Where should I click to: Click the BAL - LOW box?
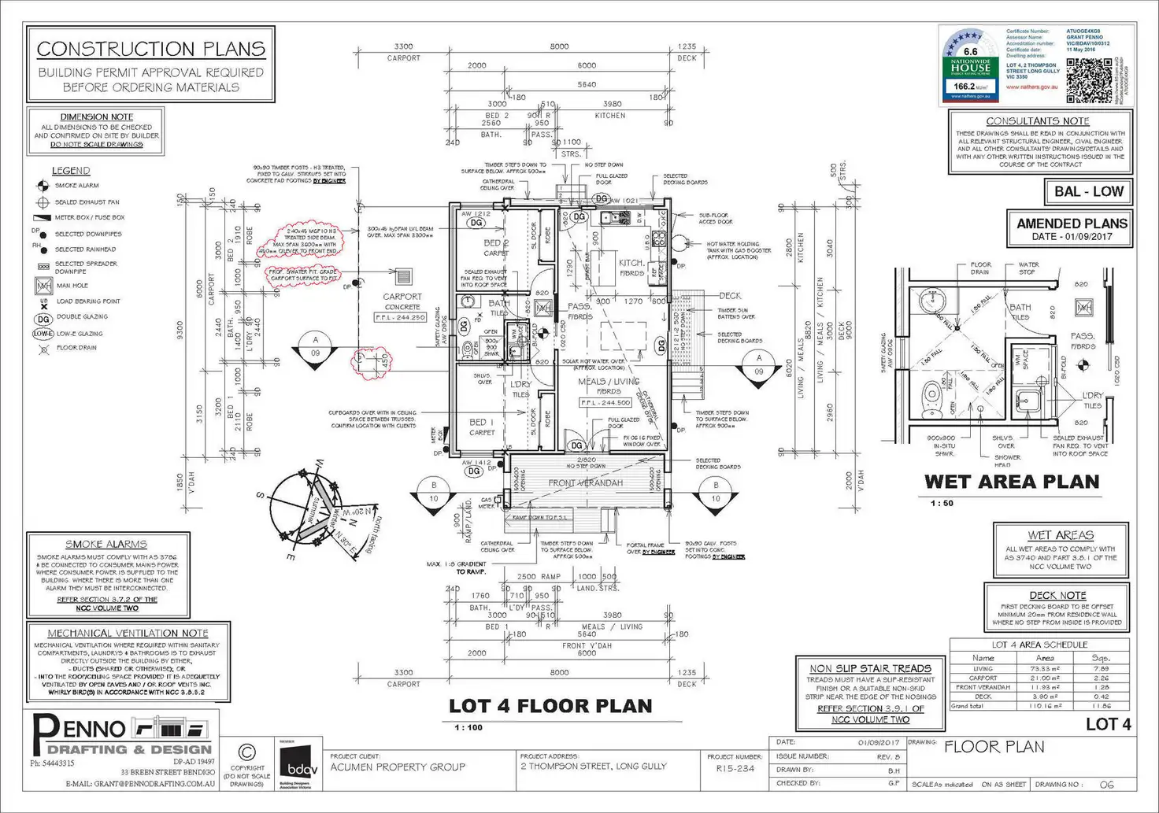1089,191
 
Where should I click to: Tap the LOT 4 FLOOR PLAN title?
550,706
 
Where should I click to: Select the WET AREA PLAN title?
1012,482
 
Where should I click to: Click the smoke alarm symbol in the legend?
43,186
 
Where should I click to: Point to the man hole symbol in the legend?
43,286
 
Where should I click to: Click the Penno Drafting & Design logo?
122,736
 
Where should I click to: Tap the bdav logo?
298,763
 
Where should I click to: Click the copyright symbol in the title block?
246,752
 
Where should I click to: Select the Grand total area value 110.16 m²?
1045,706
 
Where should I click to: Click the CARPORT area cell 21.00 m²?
1045,678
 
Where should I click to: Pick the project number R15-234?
735,769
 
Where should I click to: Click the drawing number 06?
1106,785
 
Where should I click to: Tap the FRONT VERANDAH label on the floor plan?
585,482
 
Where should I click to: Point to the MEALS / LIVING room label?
609,382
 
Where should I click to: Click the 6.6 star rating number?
971,52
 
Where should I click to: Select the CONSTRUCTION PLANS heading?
150,49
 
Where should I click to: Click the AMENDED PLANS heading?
1072,224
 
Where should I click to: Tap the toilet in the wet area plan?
931,391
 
